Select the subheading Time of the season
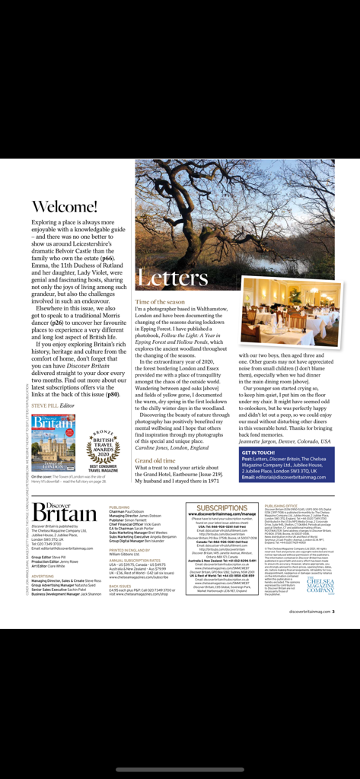pyautogui.click(x=160, y=302)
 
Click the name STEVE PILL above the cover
pyautogui.click(x=43, y=406)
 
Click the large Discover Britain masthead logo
pyautogui.click(x=65, y=513)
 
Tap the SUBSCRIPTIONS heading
pyautogui.click(x=221, y=507)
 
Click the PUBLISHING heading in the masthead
pyautogui.click(x=119, y=507)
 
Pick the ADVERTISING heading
pyautogui.click(x=47, y=576)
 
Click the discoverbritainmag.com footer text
pyautogui.click(x=313, y=610)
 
